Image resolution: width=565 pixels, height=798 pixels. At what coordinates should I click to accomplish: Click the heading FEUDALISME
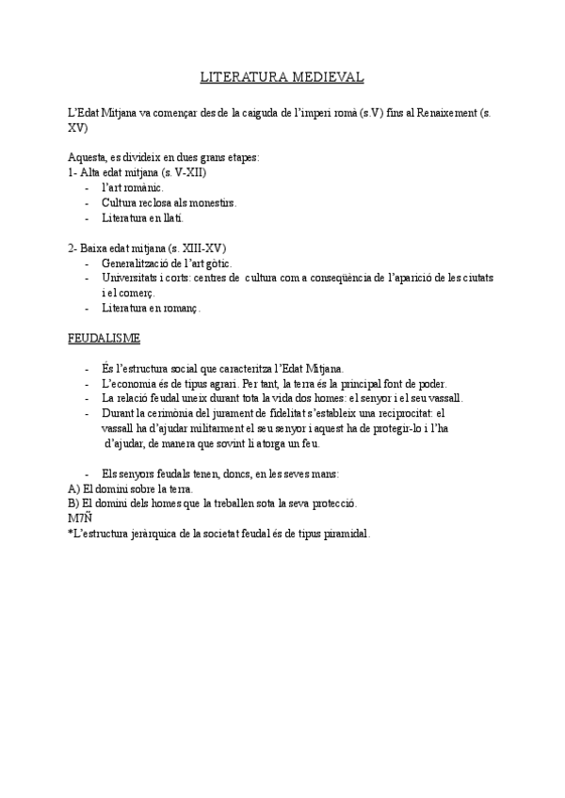104,337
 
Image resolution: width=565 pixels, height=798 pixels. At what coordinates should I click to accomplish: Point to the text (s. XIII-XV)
194,247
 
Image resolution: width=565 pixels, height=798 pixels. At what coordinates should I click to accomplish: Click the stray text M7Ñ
81,519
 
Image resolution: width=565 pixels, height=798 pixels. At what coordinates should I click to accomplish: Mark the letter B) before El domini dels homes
73,503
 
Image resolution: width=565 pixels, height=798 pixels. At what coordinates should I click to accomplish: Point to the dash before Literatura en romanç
88,308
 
